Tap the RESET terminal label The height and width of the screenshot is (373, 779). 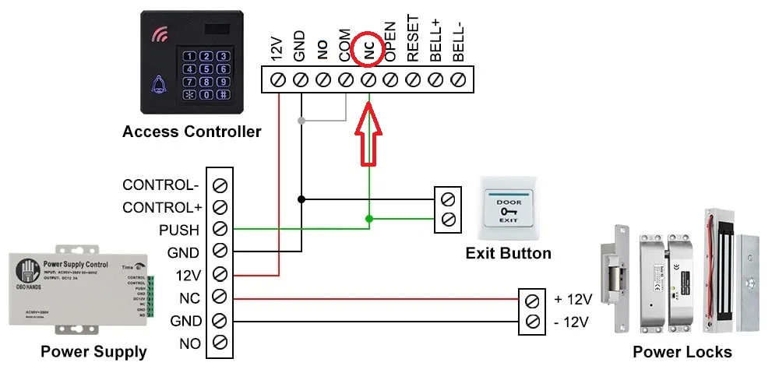[x=414, y=38]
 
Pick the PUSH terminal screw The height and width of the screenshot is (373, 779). [x=220, y=230]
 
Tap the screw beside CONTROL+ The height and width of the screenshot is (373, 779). [x=220, y=208]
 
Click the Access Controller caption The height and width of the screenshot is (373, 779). [x=192, y=132]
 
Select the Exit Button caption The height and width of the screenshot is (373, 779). [x=508, y=253]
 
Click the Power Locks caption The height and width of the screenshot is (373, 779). [x=682, y=352]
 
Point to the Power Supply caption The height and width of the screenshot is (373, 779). [x=93, y=352]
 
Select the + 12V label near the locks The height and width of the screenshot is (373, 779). [x=573, y=299]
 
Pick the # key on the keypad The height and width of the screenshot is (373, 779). [x=223, y=95]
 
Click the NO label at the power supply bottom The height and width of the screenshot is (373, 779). [x=189, y=343]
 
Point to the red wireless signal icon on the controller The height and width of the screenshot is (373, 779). [x=160, y=34]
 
